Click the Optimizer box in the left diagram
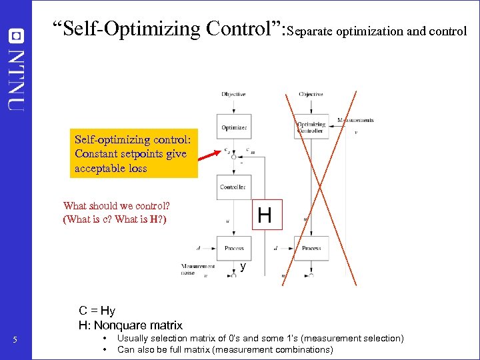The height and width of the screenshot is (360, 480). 233,127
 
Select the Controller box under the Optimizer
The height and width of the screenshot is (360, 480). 233,187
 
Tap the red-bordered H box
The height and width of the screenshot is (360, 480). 266,215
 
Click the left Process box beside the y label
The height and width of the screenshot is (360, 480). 233,248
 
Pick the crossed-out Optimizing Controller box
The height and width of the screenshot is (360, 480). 311,127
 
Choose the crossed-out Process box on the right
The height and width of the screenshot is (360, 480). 311,248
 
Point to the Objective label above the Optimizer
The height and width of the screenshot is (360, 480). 233,94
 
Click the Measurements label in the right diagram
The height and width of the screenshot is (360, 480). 355,120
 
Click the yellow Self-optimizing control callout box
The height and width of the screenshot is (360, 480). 134,153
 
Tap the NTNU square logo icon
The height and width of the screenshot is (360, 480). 16,34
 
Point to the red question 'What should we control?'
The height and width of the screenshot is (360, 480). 116,206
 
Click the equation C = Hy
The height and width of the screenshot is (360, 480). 97,311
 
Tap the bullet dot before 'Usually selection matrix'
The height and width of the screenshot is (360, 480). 105,339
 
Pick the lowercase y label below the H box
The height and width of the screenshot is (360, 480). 243,267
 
